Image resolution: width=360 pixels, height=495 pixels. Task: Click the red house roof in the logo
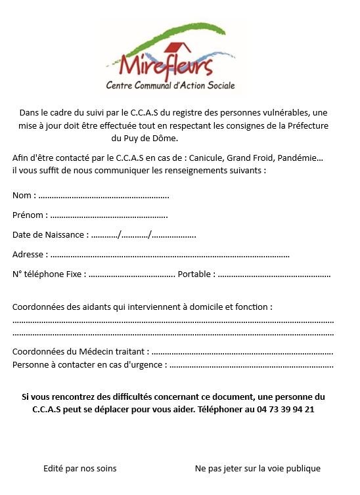tap(173, 48)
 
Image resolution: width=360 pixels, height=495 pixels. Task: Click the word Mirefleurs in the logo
tap(158, 66)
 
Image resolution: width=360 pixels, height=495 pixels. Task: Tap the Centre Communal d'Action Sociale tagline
tap(170, 85)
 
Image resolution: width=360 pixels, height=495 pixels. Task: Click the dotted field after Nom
tap(103, 196)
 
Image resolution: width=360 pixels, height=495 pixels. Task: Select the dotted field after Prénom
tap(108, 215)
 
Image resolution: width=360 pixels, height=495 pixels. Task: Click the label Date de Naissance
tap(49, 234)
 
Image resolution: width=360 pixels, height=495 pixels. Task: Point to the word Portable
tap(195, 274)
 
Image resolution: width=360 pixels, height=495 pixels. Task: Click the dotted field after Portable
tap(274, 274)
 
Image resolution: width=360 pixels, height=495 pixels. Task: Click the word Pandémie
tap(300, 158)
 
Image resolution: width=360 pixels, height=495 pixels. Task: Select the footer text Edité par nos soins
tap(79, 468)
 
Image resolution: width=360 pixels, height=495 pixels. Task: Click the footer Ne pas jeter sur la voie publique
tap(258, 468)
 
